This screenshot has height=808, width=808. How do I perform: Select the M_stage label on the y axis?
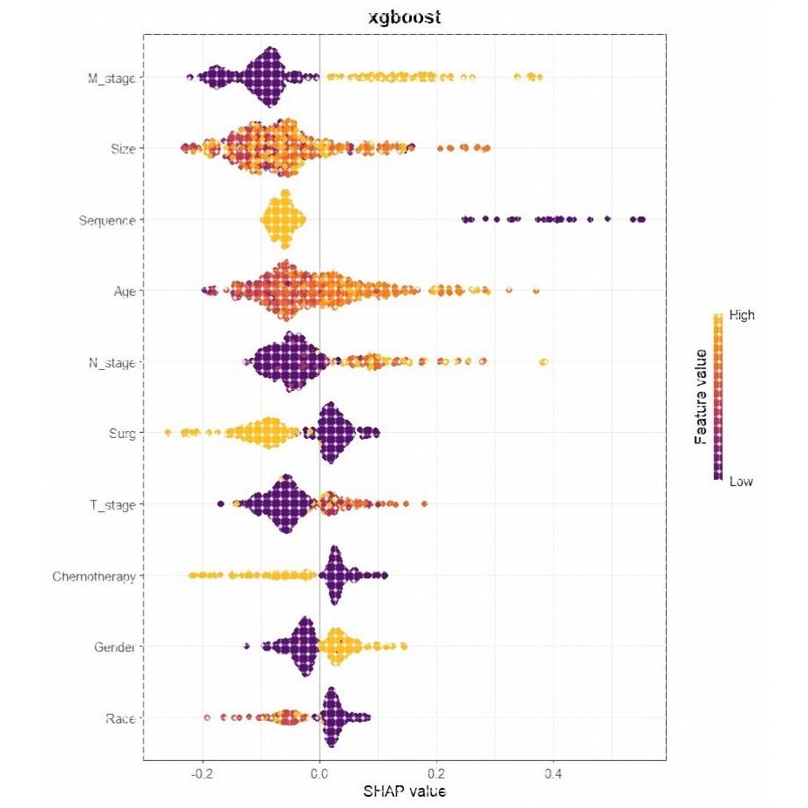(x=110, y=77)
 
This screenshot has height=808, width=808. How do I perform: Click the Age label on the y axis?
(x=123, y=292)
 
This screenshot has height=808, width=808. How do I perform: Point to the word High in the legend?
(x=741, y=316)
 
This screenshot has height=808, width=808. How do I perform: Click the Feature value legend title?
(x=700, y=397)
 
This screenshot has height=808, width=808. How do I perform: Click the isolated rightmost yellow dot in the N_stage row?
(x=544, y=362)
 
